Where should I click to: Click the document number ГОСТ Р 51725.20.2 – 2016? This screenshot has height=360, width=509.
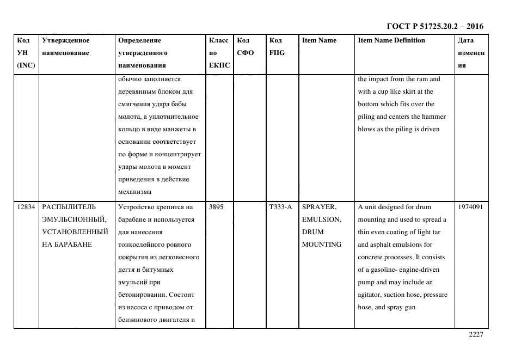click(x=434, y=26)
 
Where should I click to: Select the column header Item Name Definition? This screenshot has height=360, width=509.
click(x=391, y=41)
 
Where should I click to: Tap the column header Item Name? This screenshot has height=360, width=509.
click(x=319, y=41)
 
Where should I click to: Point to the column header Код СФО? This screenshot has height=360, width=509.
click(x=246, y=47)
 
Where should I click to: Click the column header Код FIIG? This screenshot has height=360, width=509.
click(x=277, y=47)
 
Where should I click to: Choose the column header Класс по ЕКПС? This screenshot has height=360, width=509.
click(x=219, y=53)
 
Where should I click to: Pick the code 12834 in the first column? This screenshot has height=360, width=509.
click(x=26, y=207)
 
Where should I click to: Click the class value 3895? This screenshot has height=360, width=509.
click(x=216, y=207)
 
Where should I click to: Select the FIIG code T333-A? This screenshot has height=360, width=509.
click(x=280, y=207)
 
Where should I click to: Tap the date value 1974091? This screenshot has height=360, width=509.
click(x=470, y=207)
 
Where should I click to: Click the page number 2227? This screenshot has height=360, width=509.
click(x=476, y=334)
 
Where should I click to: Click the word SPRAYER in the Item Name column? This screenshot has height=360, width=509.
click(x=319, y=207)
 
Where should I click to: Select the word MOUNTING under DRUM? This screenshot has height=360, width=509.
click(x=322, y=245)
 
